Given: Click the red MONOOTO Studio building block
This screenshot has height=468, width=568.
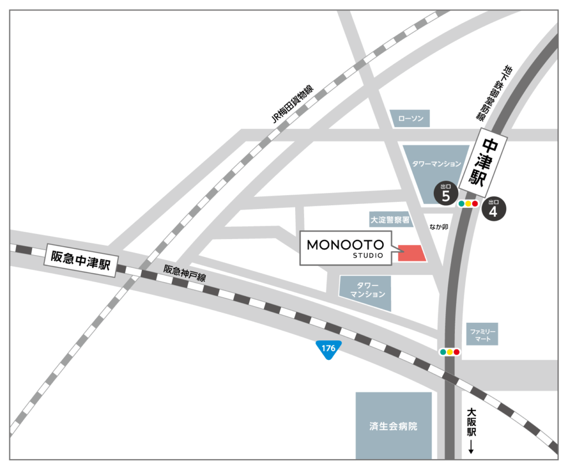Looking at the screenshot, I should click(x=412, y=253).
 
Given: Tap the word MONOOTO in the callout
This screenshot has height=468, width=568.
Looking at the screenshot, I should click(x=346, y=245).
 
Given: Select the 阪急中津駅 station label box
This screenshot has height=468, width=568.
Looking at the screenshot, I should click(x=80, y=259).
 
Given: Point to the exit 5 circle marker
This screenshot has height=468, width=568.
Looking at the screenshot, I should click(x=445, y=194).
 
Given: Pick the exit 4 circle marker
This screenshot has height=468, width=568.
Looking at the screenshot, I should click(x=493, y=209).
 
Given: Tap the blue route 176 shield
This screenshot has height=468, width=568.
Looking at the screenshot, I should click(x=328, y=349).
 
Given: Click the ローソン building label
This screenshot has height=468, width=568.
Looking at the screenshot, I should click(x=409, y=118).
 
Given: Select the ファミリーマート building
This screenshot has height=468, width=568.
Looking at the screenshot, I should click(x=481, y=335).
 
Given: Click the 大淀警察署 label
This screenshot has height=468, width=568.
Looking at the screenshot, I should click(x=390, y=220).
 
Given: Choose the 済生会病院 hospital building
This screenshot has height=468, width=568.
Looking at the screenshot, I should click(x=393, y=425).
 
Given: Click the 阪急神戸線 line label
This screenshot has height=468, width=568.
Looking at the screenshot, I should click(x=184, y=273).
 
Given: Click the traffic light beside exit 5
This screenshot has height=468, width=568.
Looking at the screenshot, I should click(x=468, y=204).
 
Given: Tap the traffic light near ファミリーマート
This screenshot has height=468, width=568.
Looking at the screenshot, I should click(x=449, y=352).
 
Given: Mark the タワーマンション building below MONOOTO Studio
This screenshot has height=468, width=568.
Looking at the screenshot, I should click(x=366, y=292).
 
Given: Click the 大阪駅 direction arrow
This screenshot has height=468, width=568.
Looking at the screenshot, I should click(x=471, y=447).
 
